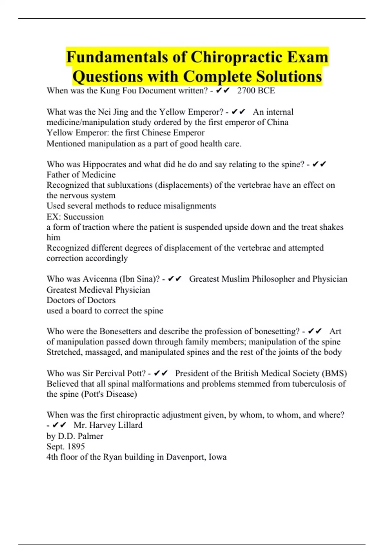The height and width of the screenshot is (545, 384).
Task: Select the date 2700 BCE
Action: (x=256, y=91)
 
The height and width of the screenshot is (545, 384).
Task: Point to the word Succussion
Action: (x=84, y=217)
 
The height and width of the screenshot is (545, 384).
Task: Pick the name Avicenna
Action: (x=100, y=279)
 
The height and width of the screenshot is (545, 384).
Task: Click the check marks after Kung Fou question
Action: (x=223, y=91)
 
